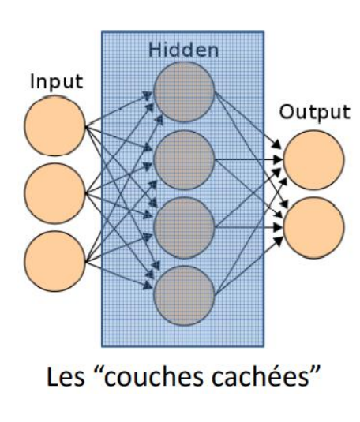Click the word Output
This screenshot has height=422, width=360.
[314, 112]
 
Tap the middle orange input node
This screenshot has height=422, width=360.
[54, 193]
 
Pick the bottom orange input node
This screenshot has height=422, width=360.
[54, 260]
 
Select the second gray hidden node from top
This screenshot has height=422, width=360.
[183, 160]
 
